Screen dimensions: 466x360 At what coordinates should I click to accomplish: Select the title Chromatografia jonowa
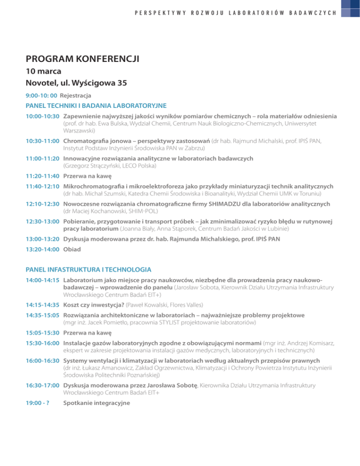[x=101, y=140]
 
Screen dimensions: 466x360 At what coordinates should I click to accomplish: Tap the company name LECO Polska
[x=142, y=165]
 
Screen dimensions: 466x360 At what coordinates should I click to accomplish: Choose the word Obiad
[x=72, y=250]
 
